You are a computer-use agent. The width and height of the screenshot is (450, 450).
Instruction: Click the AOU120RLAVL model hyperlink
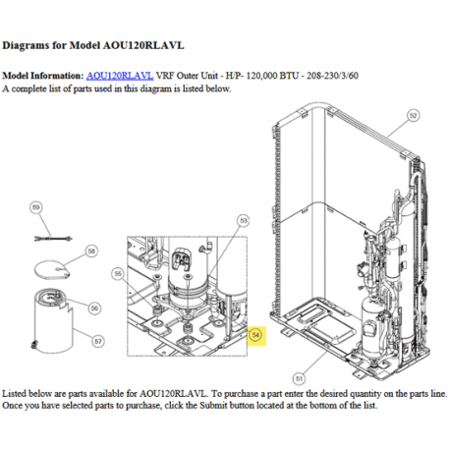[x=120, y=76]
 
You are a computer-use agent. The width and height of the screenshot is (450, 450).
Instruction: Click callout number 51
[x=299, y=379]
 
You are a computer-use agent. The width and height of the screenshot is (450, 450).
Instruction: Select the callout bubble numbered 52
[x=414, y=115]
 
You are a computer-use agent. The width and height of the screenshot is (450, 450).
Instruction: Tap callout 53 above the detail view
[x=244, y=221]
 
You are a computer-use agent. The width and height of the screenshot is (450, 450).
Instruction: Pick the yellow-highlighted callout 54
[x=255, y=335]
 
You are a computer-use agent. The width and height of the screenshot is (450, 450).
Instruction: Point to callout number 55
[x=118, y=274]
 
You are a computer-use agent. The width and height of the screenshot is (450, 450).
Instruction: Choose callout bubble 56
[x=94, y=309]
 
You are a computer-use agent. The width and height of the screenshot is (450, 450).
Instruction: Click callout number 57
[x=98, y=342]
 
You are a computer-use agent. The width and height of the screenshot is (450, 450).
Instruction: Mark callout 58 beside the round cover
[x=91, y=252]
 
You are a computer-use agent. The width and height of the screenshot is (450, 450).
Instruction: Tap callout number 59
[x=36, y=207]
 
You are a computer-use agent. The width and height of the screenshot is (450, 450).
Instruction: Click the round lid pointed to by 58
[x=52, y=269]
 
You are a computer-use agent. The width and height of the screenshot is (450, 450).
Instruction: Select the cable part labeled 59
[x=53, y=239]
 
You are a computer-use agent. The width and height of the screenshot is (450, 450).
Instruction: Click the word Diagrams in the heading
[x=26, y=45]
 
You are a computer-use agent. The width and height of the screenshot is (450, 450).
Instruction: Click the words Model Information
[x=43, y=76]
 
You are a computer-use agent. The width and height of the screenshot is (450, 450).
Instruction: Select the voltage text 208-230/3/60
[x=332, y=76]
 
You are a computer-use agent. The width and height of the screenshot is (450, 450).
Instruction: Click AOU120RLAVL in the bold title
[x=143, y=45]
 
